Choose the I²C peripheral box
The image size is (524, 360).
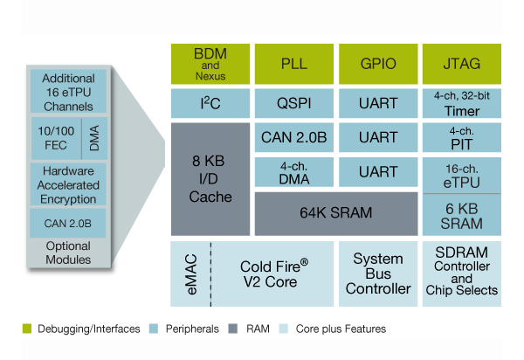tap(209, 104)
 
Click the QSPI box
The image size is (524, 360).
tap(293, 104)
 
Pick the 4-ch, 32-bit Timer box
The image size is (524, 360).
tap(460, 104)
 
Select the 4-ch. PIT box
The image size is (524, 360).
tap(460, 137)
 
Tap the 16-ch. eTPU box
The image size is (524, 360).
tap(460, 170)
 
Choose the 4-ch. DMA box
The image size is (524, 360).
tap(293, 170)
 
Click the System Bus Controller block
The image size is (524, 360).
tap(376, 273)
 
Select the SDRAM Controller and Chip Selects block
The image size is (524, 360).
tap(460, 273)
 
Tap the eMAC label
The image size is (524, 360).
tap(192, 273)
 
